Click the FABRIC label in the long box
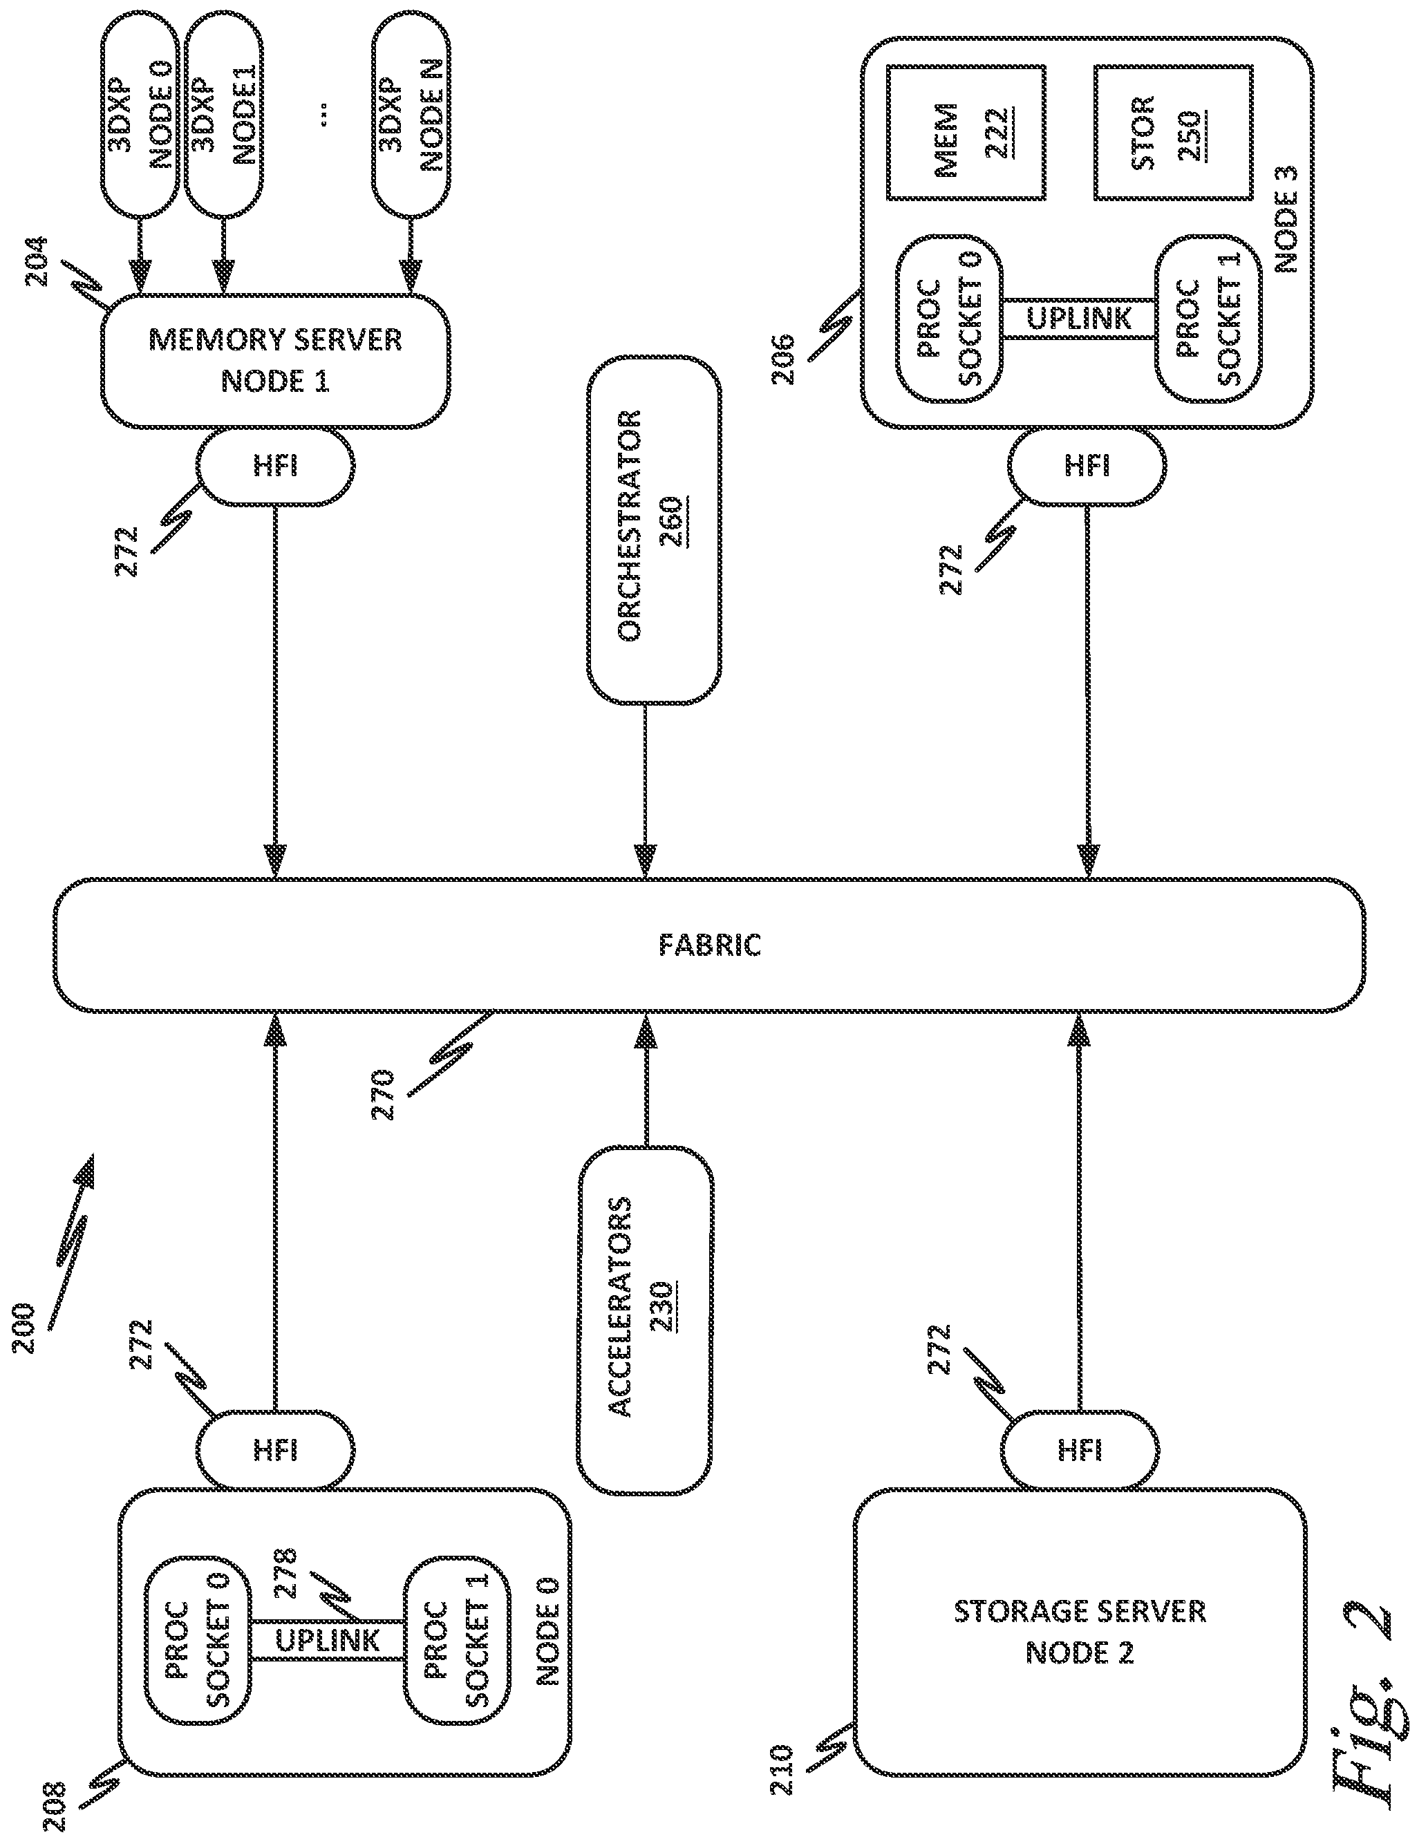pyautogui.click(x=709, y=945)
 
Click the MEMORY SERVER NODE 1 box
pyautogui.click(x=275, y=361)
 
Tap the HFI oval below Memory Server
pyautogui.click(x=275, y=467)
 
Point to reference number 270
pyautogui.click(x=384, y=1095)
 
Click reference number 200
pyautogui.click(x=26, y=1329)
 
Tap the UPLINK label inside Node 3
pyautogui.click(x=1080, y=319)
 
